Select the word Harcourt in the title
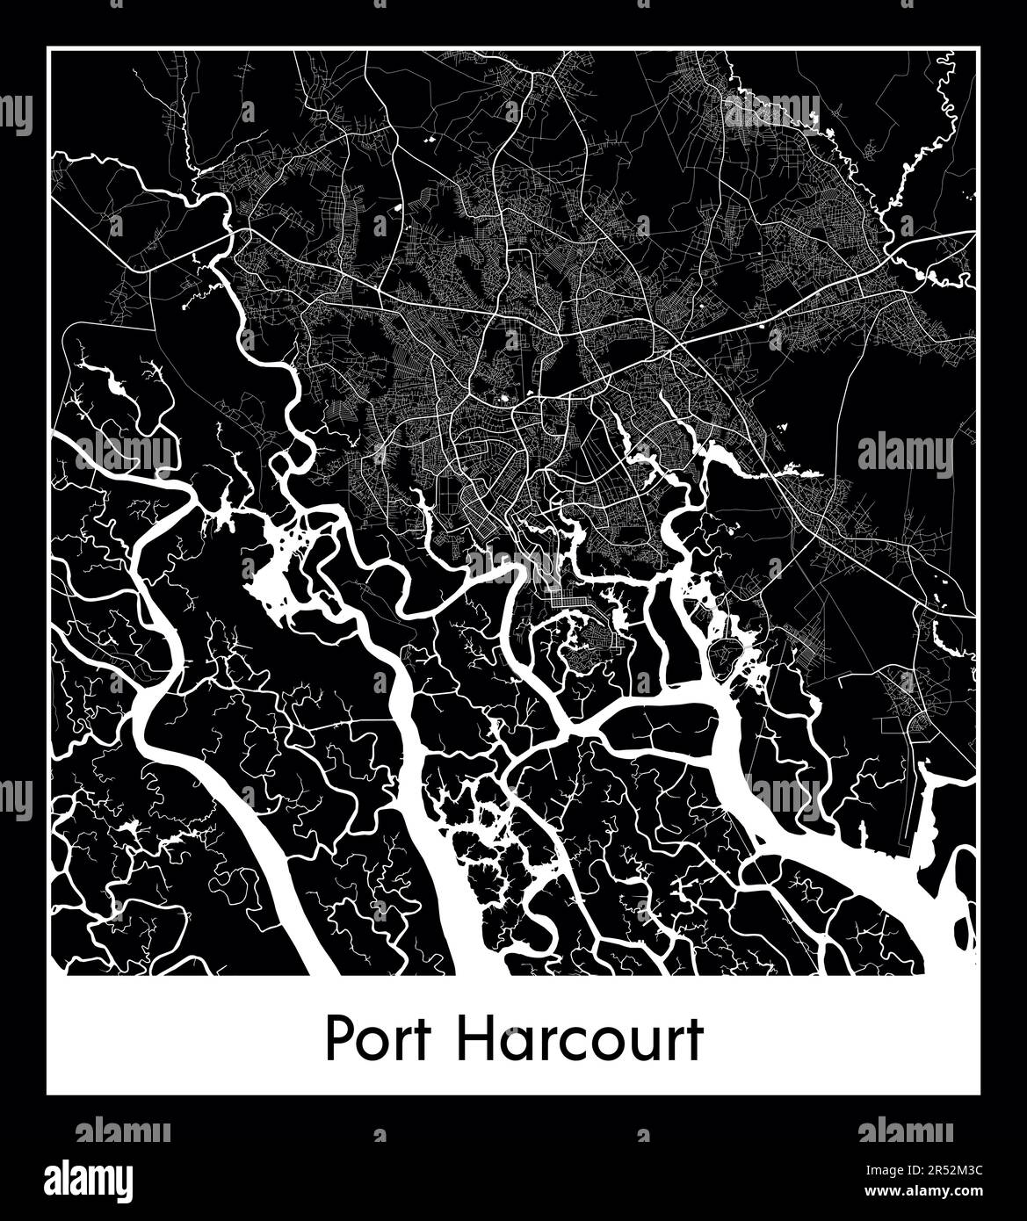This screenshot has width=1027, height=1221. (581, 1039)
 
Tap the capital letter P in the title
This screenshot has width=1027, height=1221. (338, 1039)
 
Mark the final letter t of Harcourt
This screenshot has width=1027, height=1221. (695, 1041)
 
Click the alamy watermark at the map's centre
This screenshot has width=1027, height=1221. (513, 562)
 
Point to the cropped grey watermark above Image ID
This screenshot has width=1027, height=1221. (905, 1131)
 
